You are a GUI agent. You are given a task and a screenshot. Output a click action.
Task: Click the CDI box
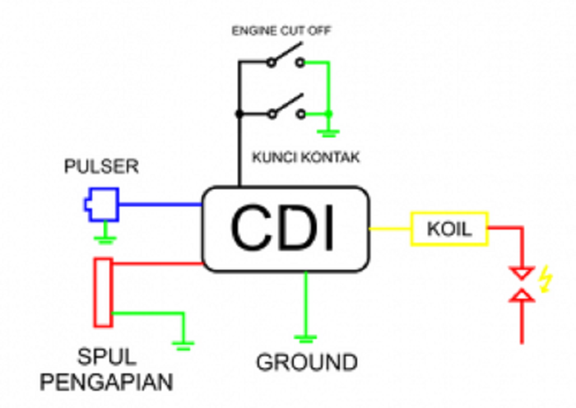[285, 228]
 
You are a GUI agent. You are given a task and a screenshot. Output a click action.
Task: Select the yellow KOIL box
[449, 229]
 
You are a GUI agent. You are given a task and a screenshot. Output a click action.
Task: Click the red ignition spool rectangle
[103, 291]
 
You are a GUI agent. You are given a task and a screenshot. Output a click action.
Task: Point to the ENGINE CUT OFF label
[282, 31]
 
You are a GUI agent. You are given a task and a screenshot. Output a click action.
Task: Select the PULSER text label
[102, 167]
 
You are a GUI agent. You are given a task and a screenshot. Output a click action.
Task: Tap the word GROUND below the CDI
[306, 362]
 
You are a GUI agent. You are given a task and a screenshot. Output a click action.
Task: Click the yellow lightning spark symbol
[544, 282]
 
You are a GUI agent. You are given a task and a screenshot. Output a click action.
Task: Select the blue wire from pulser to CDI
[160, 204]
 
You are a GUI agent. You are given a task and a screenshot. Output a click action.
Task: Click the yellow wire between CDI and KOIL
[389, 228]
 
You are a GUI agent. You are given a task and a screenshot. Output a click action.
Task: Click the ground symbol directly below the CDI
[306, 337]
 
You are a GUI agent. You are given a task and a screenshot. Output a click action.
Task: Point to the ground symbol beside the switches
[329, 132]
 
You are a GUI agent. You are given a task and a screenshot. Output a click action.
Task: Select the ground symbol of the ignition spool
[183, 345]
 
